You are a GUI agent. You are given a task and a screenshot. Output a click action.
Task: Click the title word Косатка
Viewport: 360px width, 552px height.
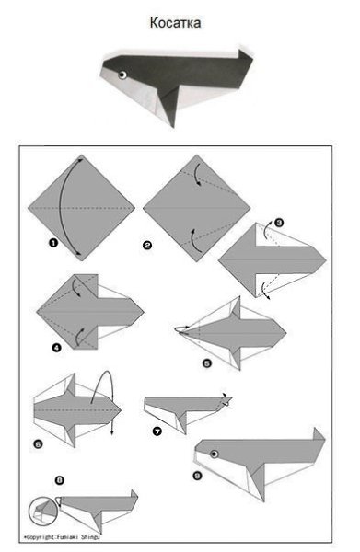tap(175, 22)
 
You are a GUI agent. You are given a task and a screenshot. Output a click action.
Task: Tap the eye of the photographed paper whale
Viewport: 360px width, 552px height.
tap(122, 75)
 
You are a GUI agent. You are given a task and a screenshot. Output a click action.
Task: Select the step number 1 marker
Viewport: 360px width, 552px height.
tap(52, 243)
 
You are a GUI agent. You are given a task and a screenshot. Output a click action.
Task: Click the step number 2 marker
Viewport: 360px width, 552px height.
tap(147, 245)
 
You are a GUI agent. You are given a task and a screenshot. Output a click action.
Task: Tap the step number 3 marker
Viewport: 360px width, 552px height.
tap(279, 223)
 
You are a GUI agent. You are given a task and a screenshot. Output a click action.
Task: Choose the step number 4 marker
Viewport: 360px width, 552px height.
tap(56, 348)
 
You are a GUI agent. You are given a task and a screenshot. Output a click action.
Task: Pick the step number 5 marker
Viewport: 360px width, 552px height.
tap(207, 363)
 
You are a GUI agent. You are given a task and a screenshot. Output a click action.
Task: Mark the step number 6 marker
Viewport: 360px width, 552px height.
tap(38, 444)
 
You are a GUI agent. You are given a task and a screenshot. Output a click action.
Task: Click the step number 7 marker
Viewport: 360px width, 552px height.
tap(157, 431)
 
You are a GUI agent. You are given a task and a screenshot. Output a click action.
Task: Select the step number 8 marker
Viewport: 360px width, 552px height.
tap(60, 480)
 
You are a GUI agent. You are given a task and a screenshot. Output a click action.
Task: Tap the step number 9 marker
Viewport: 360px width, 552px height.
tap(197, 476)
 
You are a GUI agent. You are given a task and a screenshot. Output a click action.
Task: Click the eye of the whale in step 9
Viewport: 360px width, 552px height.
tap(215, 454)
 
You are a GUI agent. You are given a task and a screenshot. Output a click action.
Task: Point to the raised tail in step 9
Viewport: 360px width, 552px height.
tap(319, 434)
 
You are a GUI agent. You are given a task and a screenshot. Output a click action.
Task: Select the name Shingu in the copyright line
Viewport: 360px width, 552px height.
tap(90, 537)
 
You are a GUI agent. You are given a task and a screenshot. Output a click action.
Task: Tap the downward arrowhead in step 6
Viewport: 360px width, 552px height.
tap(112, 432)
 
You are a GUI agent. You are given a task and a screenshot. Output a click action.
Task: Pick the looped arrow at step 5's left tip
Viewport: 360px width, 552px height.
tap(181, 329)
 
